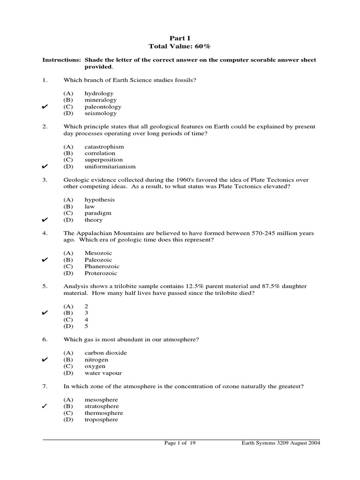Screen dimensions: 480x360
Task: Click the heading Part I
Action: [180, 37]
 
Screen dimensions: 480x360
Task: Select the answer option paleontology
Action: [103, 106]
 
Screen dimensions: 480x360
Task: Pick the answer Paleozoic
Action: [98, 260]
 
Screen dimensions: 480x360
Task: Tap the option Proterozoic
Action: [101, 273]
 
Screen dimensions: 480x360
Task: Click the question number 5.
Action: [45, 286]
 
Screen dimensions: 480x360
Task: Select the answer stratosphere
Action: [101, 406]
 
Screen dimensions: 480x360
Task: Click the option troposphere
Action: [101, 420]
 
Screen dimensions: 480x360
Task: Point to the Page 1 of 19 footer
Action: [180, 442]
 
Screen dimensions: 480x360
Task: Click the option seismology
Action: [100, 113]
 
